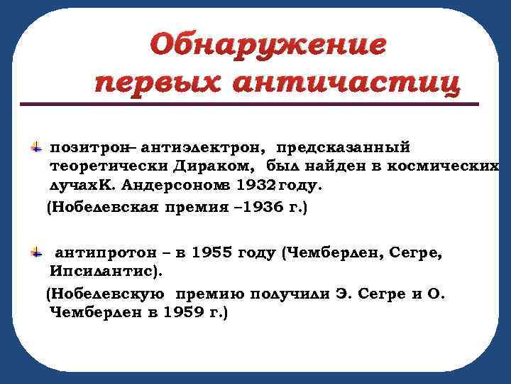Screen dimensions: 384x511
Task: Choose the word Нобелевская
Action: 107,208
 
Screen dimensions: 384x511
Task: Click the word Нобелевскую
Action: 107,294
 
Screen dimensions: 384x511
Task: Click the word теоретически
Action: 109,166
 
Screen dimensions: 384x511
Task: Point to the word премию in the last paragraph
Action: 202,294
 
